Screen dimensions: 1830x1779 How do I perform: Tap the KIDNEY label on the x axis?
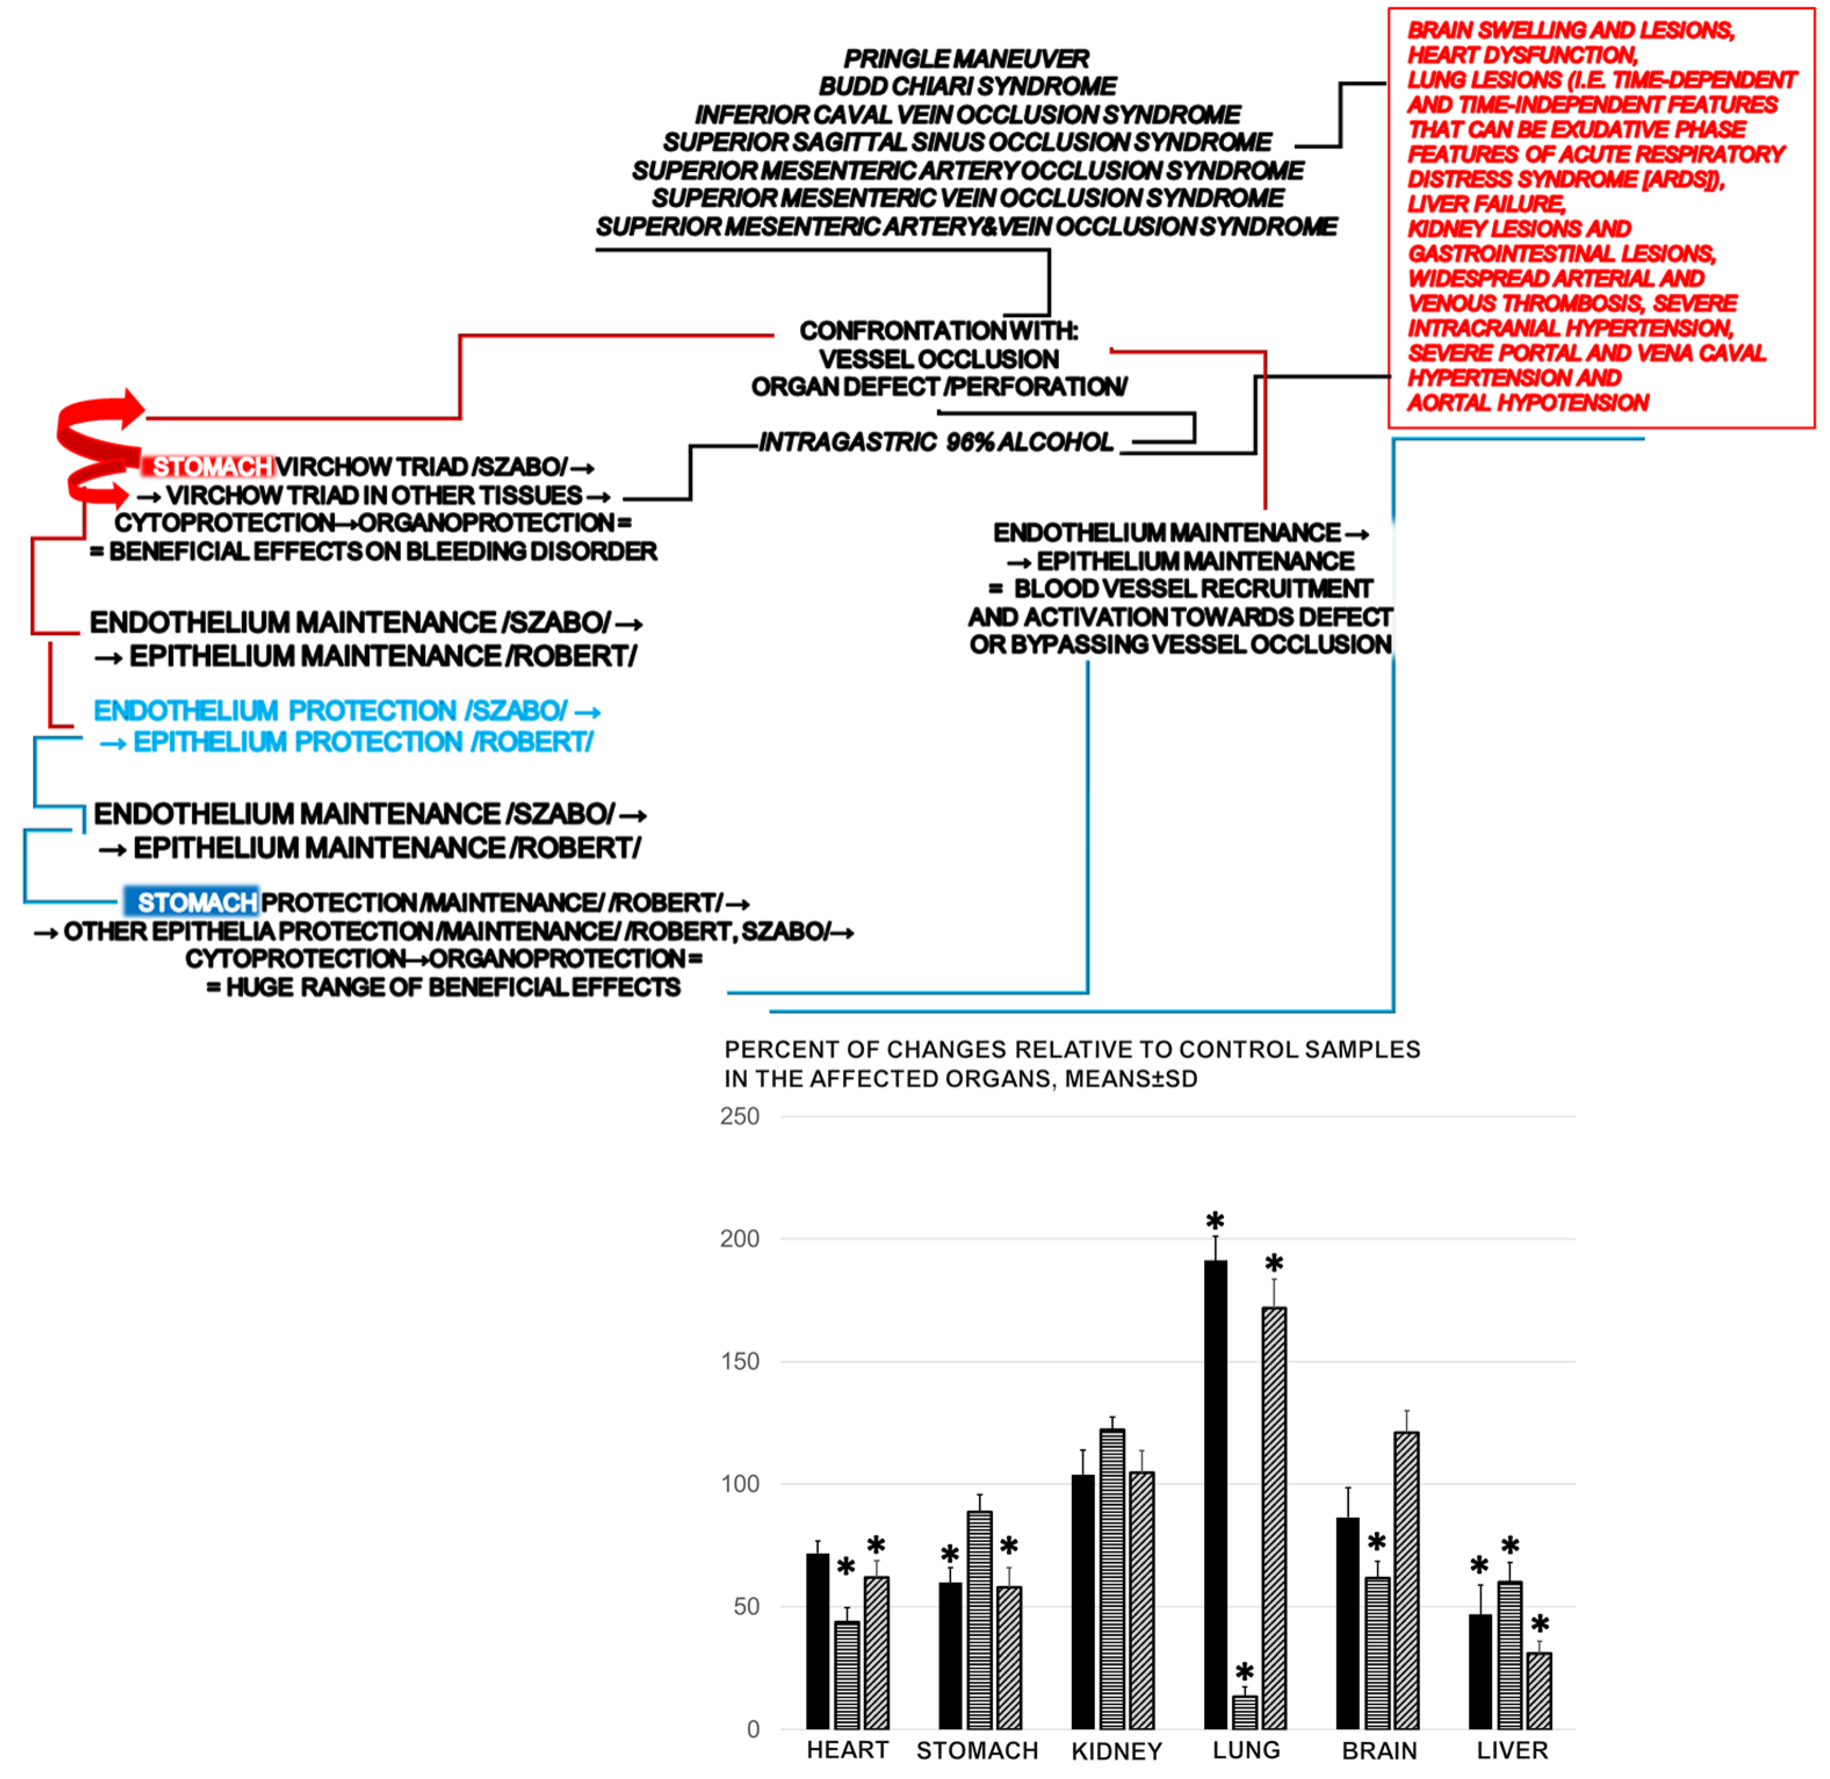(x=1116, y=1751)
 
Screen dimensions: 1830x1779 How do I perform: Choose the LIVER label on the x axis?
(x=1511, y=1750)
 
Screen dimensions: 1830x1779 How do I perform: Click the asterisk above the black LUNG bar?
(x=1214, y=1221)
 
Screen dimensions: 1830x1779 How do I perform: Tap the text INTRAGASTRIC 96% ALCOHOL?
(x=936, y=442)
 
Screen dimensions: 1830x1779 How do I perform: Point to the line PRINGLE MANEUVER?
(x=966, y=59)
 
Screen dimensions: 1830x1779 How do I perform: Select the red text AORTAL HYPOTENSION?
(x=1527, y=403)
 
